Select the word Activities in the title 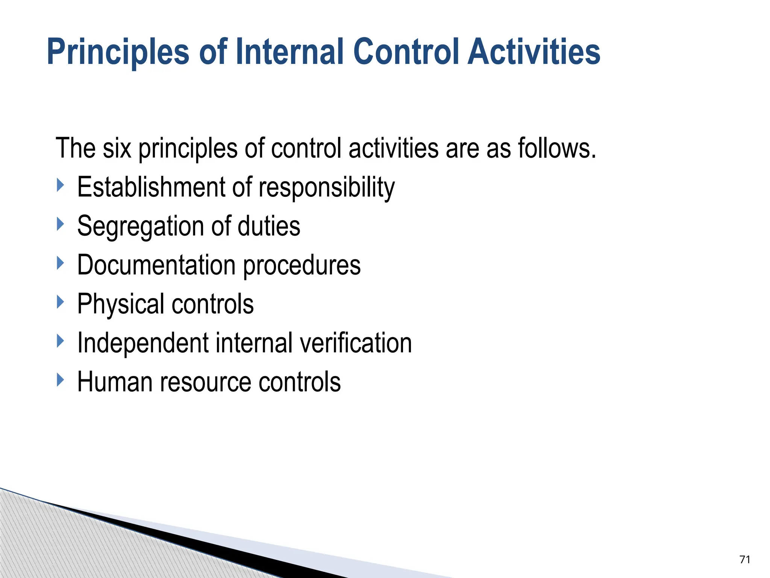[x=534, y=52]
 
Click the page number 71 [x=745, y=560]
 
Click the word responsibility [x=326, y=188]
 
